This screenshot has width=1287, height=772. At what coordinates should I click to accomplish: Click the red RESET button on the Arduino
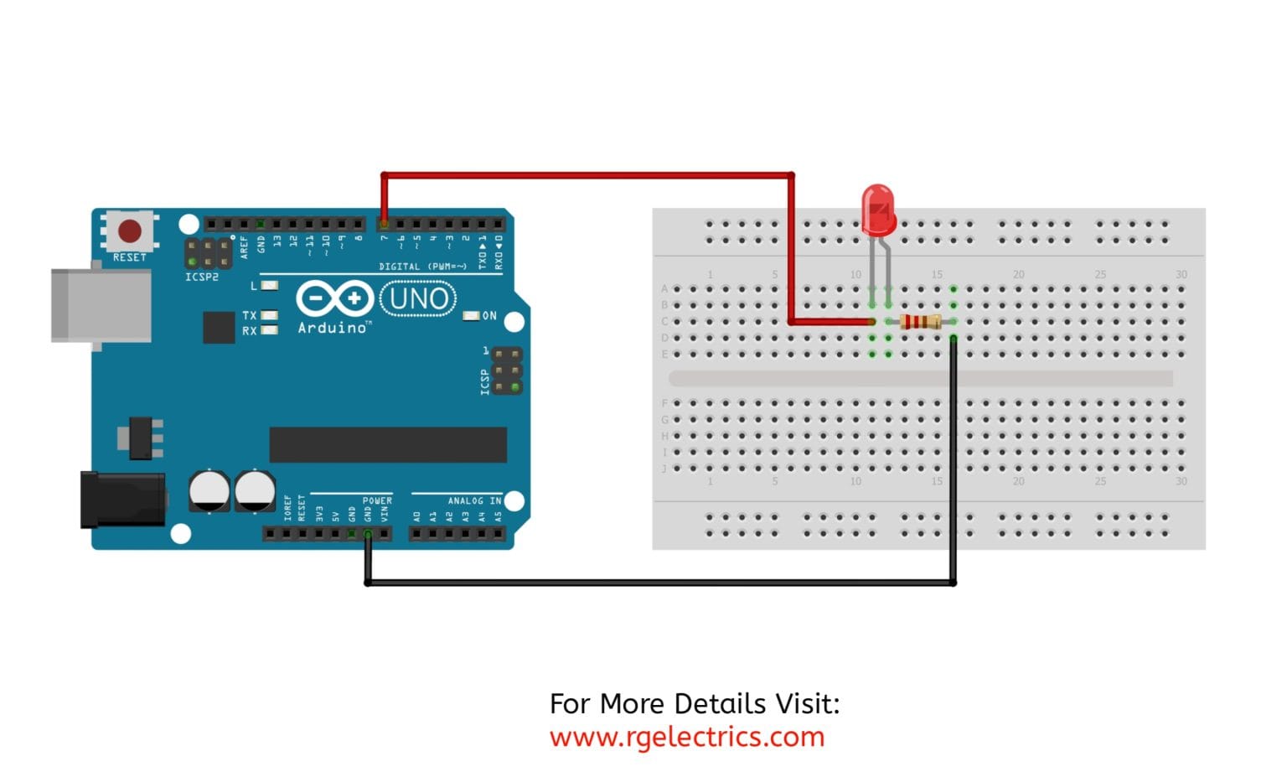pyautogui.click(x=130, y=231)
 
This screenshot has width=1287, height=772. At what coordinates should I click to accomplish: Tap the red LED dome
pyautogui.click(x=878, y=210)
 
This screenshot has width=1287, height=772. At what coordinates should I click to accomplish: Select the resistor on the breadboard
pyautogui.click(x=920, y=322)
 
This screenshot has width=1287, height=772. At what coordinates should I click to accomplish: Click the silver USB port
pyautogui.click(x=101, y=305)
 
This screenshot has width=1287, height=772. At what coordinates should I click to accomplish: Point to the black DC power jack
pyautogui.click(x=122, y=500)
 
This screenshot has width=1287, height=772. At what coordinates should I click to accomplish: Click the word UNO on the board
pyautogui.click(x=418, y=299)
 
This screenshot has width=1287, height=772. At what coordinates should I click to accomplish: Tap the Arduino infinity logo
pyautogui.click(x=334, y=298)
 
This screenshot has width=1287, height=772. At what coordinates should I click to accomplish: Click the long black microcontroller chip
pyautogui.click(x=388, y=444)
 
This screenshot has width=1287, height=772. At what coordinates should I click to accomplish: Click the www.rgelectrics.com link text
pyautogui.click(x=687, y=737)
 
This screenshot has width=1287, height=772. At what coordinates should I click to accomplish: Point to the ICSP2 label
pyautogui.click(x=202, y=277)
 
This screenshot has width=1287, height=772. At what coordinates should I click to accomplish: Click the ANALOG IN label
pyautogui.click(x=474, y=500)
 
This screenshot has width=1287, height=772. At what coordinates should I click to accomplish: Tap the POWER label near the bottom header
pyautogui.click(x=377, y=500)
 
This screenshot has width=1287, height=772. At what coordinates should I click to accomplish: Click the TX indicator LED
pyautogui.click(x=269, y=315)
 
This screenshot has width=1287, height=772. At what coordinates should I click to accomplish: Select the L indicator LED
pyautogui.click(x=269, y=286)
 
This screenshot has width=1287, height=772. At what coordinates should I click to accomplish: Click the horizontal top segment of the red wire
pyautogui.click(x=587, y=176)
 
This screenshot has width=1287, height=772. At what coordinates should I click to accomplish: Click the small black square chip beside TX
pyautogui.click(x=219, y=327)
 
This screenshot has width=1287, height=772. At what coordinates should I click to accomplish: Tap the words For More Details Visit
pyautogui.click(x=695, y=703)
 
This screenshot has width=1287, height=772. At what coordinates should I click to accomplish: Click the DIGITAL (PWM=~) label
pyautogui.click(x=422, y=267)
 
